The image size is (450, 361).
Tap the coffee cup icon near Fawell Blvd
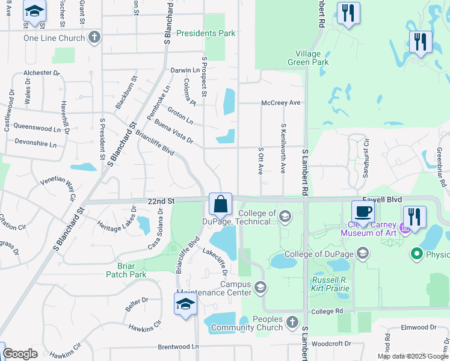click(x=363, y=212)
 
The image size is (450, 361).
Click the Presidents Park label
click(x=206, y=34)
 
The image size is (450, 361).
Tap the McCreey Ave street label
click(x=280, y=103)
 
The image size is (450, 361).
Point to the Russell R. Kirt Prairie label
click(x=331, y=285)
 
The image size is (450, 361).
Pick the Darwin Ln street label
click(x=185, y=70)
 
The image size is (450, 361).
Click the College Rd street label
click(x=327, y=311)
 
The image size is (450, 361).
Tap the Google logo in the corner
click(x=20, y=354)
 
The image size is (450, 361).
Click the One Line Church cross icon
click(x=93, y=38)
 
